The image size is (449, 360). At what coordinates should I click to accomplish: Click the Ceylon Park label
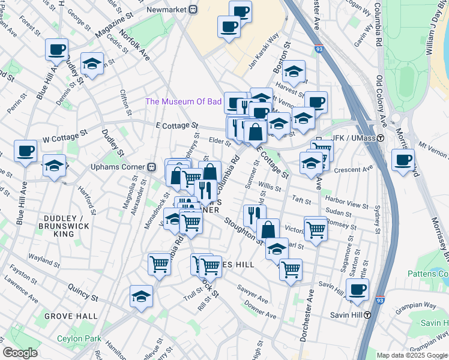79,338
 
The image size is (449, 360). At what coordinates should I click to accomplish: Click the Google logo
20,353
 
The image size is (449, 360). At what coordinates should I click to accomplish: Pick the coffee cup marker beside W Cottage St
25,151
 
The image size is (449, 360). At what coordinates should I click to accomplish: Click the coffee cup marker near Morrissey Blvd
403,160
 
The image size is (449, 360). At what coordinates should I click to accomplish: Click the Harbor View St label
346,200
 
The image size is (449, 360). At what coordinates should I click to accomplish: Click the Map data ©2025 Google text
411,355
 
